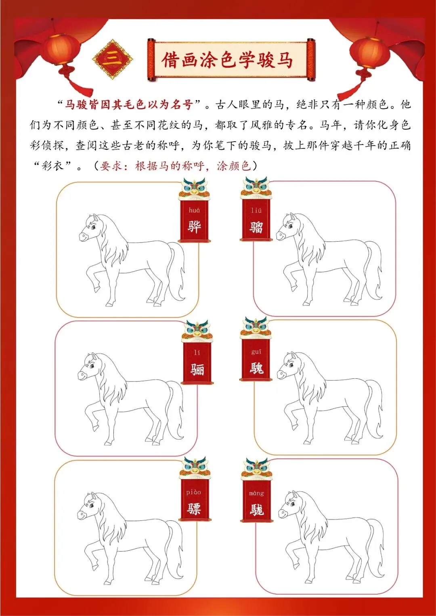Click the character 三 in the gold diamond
(112, 59)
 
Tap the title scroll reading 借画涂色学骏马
(231, 60)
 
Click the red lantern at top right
(370, 52)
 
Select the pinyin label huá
(194, 210)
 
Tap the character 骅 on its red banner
(194, 227)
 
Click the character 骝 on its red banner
(256, 227)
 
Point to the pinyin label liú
(256, 210)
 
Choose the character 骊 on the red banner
(197, 369)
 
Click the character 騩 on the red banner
(256, 368)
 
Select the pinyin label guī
(256, 352)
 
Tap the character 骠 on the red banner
(194, 509)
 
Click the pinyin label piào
(193, 492)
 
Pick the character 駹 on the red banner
(257, 510)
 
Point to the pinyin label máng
(256, 493)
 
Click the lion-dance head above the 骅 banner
(194, 189)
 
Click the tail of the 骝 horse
(373, 270)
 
